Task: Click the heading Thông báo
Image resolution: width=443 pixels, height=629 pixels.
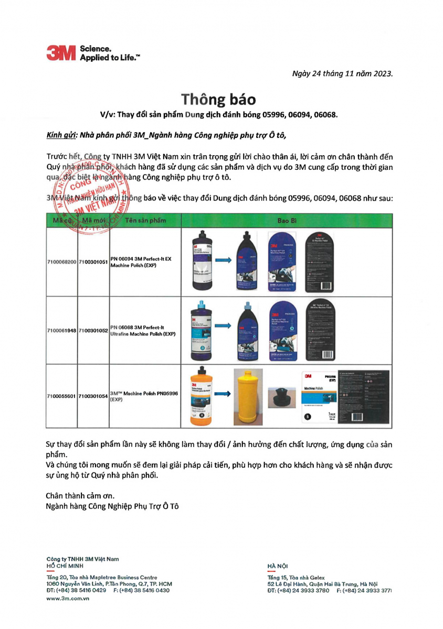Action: pos(219,99)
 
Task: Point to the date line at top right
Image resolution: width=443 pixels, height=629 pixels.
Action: pos(343,72)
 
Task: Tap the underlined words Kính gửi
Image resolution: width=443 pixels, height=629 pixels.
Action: pos(61,135)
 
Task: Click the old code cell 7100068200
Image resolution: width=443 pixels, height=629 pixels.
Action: pos(62,261)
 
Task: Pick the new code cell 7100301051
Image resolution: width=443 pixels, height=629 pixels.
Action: pos(93,261)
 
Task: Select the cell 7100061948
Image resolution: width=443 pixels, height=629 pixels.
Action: pos(62,331)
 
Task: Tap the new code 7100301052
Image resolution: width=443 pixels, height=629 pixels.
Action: pos(93,331)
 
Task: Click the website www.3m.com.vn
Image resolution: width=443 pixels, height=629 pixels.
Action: pos(67,599)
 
